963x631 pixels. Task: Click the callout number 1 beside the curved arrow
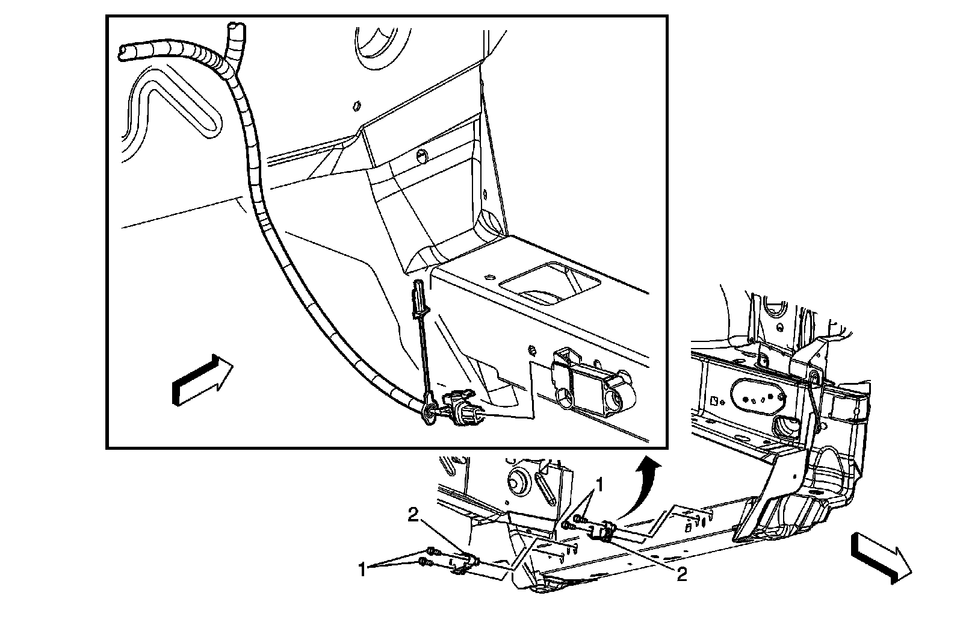point(599,483)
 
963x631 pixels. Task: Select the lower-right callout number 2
point(681,575)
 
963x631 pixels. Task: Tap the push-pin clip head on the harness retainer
point(418,299)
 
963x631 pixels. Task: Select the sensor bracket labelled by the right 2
point(604,531)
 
